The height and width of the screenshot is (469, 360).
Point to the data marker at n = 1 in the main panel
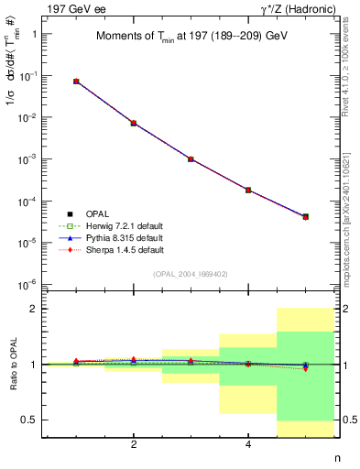coord(76,82)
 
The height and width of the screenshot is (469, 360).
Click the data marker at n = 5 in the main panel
coord(306,216)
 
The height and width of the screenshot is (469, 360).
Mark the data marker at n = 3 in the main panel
coord(191,158)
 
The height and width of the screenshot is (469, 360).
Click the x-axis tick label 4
coord(248,445)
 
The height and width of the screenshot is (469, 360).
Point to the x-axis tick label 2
coord(134,445)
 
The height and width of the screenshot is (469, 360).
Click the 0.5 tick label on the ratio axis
coord(33,420)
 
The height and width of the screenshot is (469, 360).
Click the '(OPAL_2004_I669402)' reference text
coord(191,273)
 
